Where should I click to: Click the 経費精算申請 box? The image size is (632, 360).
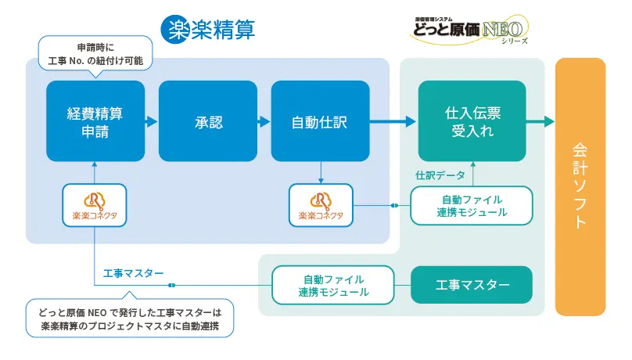(x=95, y=121)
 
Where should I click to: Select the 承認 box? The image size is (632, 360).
(x=208, y=121)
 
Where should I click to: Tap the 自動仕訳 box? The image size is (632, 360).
(x=320, y=121)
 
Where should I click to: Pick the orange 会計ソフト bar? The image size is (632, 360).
(x=580, y=186)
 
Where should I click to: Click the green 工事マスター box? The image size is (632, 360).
(x=472, y=285)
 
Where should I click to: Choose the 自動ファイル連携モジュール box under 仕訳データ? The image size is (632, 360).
(x=472, y=205)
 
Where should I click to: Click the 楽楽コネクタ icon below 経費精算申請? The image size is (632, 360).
(x=94, y=205)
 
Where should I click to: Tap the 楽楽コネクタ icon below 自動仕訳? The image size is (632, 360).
(x=320, y=205)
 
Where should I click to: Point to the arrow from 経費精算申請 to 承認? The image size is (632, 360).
(x=152, y=121)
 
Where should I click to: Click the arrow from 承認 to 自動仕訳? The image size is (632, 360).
(x=264, y=121)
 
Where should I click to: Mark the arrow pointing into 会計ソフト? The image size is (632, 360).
(x=540, y=121)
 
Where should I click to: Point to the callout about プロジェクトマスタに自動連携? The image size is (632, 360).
(x=130, y=318)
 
